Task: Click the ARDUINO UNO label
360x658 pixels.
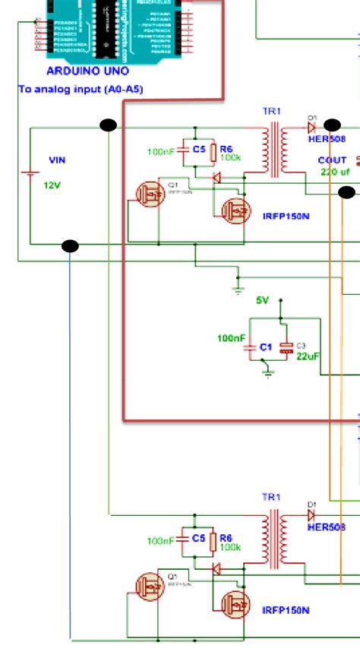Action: coord(87,71)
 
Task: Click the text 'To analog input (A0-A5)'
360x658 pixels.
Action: coord(81,89)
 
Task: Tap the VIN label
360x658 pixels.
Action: coord(58,160)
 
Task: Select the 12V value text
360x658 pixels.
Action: coord(52,185)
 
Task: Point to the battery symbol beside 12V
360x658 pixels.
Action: coord(30,175)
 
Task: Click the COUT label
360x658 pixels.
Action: coord(333,160)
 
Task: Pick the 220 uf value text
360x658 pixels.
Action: coord(334,172)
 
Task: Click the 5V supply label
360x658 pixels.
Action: coord(262,300)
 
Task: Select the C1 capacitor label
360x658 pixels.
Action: coord(265,346)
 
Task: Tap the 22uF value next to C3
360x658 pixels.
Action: coord(308,356)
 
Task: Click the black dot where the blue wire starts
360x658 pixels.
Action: coord(70,245)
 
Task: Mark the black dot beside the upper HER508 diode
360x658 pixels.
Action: coord(332,125)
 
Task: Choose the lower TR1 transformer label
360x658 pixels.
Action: coord(272,497)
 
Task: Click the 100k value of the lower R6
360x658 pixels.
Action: coord(230,546)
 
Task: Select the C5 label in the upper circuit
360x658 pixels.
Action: coord(198,150)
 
